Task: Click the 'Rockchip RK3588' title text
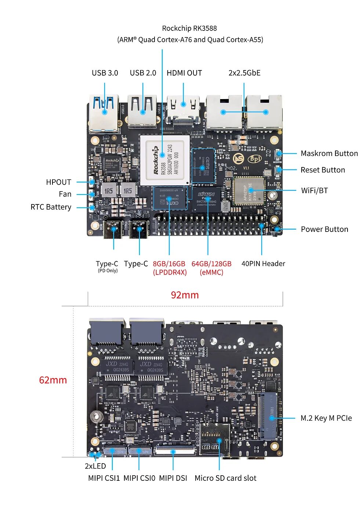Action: (x=189, y=28)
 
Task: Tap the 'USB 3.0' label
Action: (x=105, y=73)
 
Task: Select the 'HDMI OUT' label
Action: (x=184, y=73)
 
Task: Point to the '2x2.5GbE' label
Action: (x=244, y=73)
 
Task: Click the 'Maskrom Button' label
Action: (x=329, y=153)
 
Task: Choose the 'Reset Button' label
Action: (x=323, y=170)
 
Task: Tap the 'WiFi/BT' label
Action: (x=314, y=190)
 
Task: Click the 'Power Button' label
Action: (x=324, y=229)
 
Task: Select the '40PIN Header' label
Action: (x=263, y=264)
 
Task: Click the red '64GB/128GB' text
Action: (x=211, y=264)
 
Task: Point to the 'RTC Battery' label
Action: (x=51, y=207)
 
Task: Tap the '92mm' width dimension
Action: (x=185, y=295)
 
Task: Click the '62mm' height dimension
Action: (x=53, y=380)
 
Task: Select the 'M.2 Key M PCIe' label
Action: (x=326, y=418)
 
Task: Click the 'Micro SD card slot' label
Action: (x=225, y=478)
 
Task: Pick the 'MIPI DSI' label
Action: (x=173, y=478)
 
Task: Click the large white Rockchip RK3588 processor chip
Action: (x=165, y=160)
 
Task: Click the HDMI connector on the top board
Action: (x=183, y=109)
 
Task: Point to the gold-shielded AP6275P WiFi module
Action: (x=249, y=190)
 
